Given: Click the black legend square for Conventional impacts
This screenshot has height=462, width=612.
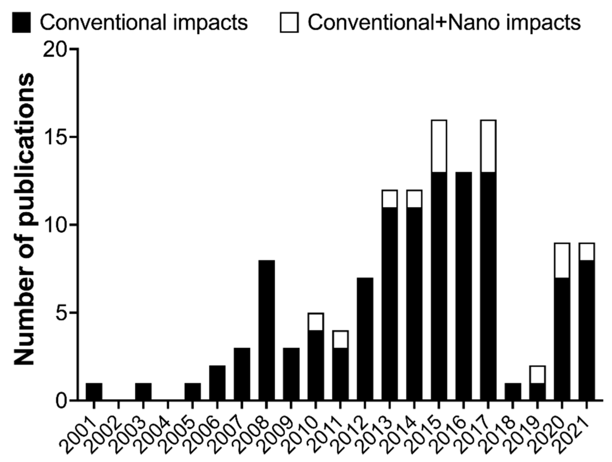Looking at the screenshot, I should coord(21,23).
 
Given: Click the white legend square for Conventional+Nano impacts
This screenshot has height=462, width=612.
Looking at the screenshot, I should coord(289,23).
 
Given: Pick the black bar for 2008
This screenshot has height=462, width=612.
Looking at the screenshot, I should coord(267,330).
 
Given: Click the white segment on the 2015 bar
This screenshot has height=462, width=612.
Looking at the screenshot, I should coord(439,146).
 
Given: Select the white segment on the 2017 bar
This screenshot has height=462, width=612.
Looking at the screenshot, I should coord(488,146).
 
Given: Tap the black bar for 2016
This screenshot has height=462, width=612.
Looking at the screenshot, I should coord(463,286).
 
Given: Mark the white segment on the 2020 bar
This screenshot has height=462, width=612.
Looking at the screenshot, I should coord(562,261).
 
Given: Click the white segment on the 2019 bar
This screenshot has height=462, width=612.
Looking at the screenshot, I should coord(537,375).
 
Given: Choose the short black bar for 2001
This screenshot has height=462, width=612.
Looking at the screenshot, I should coord(94,392).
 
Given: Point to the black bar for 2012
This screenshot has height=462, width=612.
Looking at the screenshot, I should coord(365,339).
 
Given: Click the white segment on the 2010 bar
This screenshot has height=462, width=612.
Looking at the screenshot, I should coord(316,322).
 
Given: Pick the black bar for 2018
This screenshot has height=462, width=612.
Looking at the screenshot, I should coord(513,392).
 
